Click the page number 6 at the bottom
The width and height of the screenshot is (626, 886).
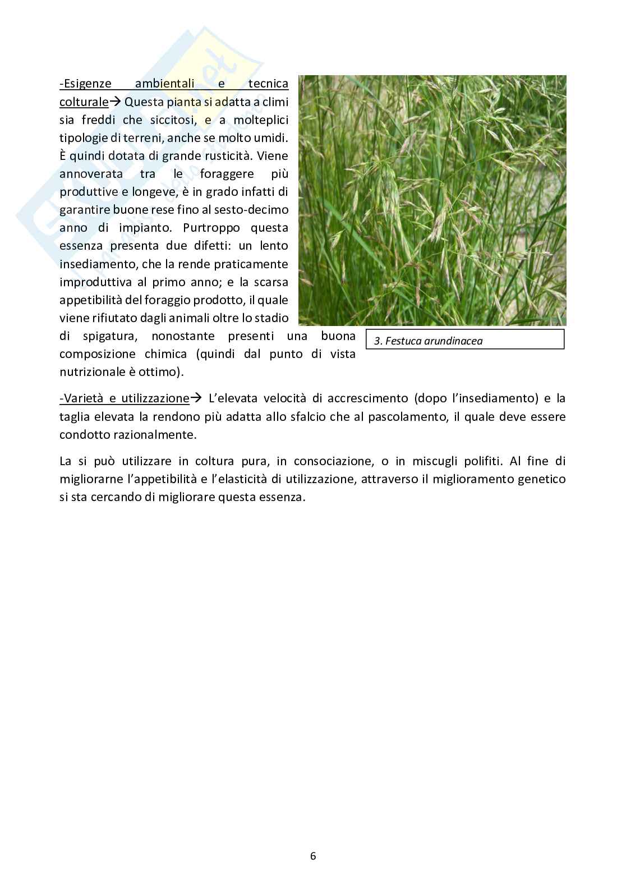tap(313, 856)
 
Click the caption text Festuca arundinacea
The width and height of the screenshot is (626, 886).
tap(434, 341)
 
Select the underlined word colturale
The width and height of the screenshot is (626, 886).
tap(84, 102)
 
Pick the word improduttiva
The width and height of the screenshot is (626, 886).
tap(95, 282)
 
